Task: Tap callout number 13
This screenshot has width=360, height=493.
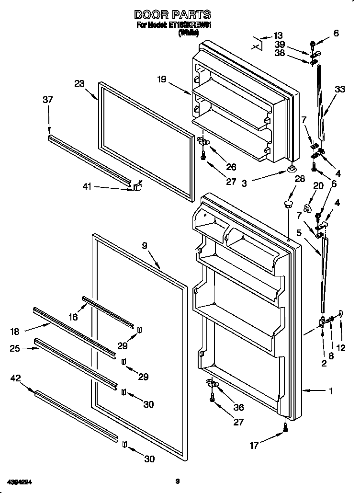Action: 278,35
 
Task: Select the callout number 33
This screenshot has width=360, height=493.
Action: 340,89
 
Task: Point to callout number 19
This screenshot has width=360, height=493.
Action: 161,80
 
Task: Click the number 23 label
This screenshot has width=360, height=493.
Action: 79,83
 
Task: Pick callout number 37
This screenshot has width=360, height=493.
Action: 47,100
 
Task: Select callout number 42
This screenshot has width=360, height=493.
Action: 15,378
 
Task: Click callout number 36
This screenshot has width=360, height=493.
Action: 238,407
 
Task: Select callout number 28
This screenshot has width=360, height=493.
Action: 300,179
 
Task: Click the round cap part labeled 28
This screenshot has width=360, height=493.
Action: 287,205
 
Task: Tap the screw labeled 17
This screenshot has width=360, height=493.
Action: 285,427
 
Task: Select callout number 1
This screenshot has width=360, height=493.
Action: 330,391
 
